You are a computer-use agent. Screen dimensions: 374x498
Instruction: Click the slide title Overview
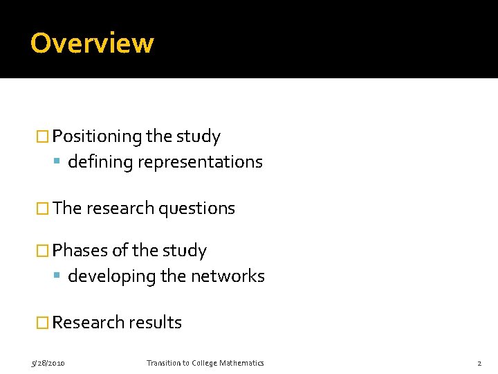click(x=92, y=43)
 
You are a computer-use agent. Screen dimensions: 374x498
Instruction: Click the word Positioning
click(x=97, y=136)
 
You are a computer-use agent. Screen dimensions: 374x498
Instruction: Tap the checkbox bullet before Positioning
click(x=43, y=136)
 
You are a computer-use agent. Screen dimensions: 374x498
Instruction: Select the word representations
click(x=200, y=162)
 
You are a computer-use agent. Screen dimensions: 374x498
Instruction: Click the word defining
click(x=100, y=162)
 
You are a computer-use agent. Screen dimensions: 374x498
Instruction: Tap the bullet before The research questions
click(x=43, y=208)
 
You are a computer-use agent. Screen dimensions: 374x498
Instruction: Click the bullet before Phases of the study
click(x=43, y=251)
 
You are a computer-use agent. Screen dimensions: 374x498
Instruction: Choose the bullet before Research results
click(x=43, y=323)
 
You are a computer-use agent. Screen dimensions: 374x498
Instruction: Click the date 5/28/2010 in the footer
click(x=48, y=363)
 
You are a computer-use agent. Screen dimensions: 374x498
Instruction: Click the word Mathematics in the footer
click(x=240, y=363)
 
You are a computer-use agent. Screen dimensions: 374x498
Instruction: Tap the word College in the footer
click(x=201, y=363)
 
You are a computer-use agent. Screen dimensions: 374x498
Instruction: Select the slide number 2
click(x=479, y=363)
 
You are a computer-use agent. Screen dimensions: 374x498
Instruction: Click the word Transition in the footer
click(x=163, y=363)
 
